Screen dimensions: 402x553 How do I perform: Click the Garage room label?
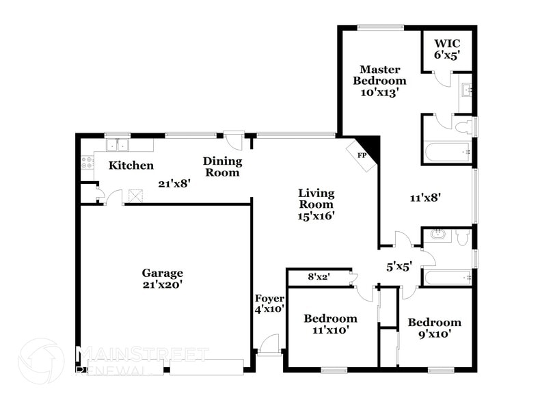point(162,279)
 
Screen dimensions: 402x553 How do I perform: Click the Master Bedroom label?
point(379,80)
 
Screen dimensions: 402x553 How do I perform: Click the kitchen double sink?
point(118,145)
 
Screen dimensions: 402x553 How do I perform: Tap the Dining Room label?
point(222,167)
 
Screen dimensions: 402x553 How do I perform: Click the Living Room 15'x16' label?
point(315,204)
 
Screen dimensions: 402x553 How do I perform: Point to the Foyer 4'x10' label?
point(269,304)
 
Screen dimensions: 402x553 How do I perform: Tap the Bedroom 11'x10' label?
point(330,324)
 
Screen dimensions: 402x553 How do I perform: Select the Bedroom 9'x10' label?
point(434,328)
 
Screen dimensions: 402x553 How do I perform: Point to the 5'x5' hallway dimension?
point(399,267)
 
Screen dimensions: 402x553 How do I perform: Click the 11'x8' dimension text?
point(424,198)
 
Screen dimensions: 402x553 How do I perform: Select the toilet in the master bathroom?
point(464,126)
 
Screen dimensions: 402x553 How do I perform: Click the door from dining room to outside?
point(234,140)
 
